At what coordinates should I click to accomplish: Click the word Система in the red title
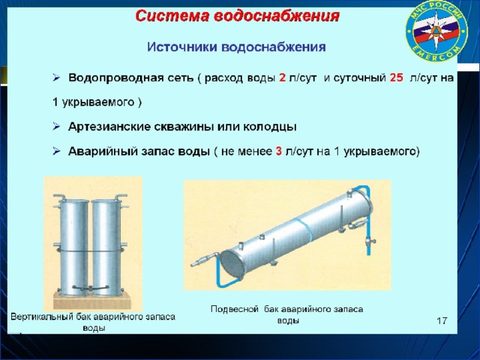[172, 16]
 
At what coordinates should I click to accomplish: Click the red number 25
[396, 78]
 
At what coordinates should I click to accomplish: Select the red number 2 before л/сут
[282, 78]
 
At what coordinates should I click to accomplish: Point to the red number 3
[278, 151]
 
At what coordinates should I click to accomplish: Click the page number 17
[442, 321]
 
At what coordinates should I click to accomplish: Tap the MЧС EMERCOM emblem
[436, 31]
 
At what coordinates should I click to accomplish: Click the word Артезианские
[109, 127]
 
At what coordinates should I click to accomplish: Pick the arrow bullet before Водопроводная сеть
[56, 78]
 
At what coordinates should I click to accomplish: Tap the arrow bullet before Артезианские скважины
[56, 127]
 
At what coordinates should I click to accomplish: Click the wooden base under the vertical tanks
[92, 301]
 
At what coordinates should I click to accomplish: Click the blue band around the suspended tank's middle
[304, 229]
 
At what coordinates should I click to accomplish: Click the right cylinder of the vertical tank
[106, 247]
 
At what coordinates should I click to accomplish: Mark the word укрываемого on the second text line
[98, 102]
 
